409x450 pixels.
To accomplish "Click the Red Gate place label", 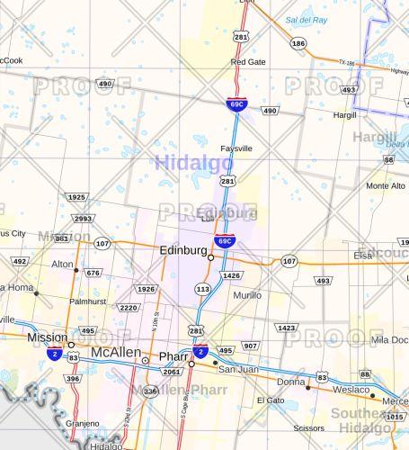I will [x=248, y=62].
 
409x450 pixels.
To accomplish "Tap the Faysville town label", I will [x=236, y=148].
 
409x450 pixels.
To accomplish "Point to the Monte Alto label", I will [x=385, y=185].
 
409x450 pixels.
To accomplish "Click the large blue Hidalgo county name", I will [x=193, y=163].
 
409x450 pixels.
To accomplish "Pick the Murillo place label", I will [x=247, y=295].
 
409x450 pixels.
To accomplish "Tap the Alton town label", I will [x=62, y=265].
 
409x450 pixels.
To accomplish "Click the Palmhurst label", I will [x=88, y=302].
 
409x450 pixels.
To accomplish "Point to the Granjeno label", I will [x=83, y=423].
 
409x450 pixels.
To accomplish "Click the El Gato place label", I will [x=270, y=400].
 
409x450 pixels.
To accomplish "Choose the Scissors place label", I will [x=308, y=428].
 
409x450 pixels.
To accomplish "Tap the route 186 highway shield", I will [x=298, y=43].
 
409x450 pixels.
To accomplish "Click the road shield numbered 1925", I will [x=77, y=197].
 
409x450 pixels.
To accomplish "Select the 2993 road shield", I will [x=84, y=219].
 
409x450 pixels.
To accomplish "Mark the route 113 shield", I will [x=203, y=289].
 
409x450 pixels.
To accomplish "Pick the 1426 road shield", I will [x=232, y=275].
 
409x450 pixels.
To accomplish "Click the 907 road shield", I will [x=251, y=346].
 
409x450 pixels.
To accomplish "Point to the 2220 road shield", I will [x=129, y=308].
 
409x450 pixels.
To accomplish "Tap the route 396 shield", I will [x=73, y=379].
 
